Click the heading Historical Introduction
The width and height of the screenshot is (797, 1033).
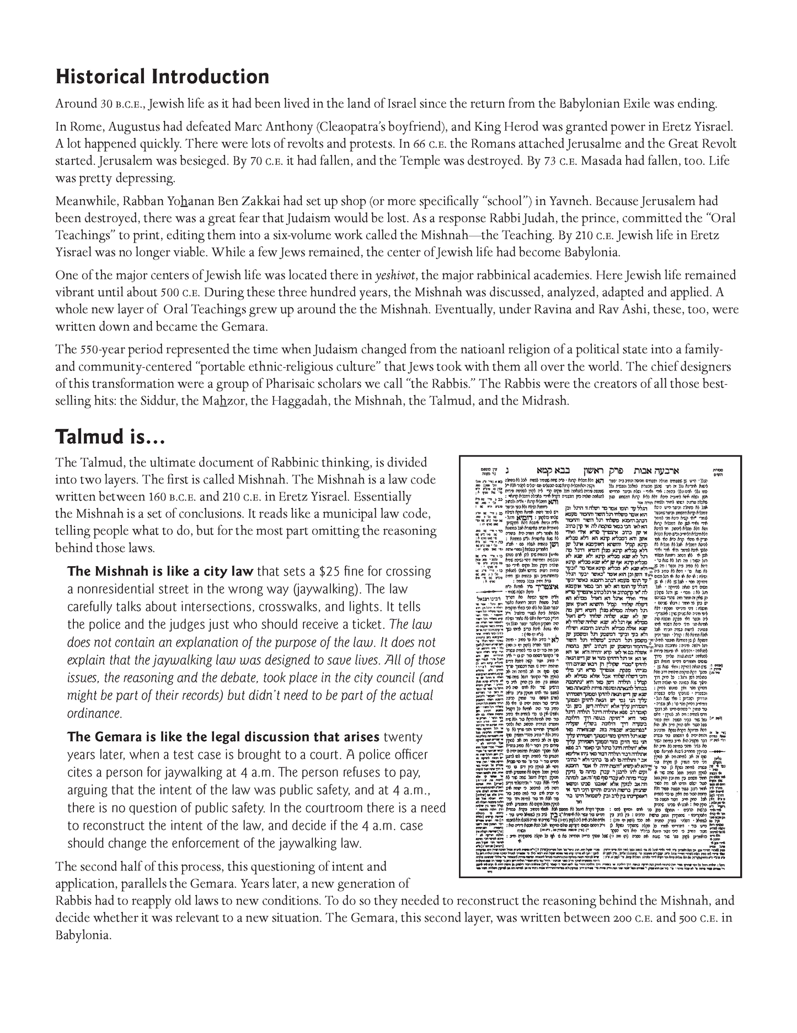pos(162,77)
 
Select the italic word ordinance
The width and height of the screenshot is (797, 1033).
pos(94,713)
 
